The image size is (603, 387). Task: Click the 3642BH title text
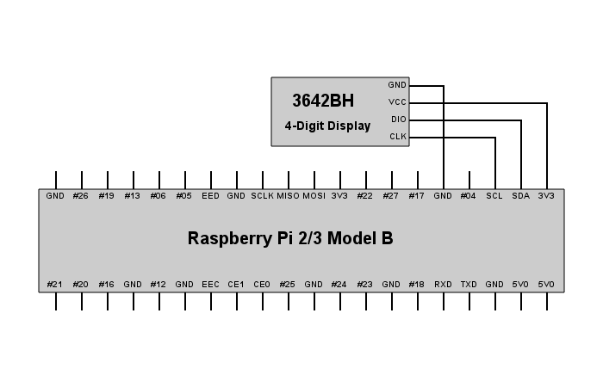coord(323,101)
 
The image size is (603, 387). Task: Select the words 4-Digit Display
coord(327,126)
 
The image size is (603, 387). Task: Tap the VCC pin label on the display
coord(397,102)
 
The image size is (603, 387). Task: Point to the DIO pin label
coord(398,120)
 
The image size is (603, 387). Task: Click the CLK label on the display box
coord(398,136)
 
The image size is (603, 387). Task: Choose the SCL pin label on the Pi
coord(494,196)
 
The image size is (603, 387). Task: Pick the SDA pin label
coord(520,196)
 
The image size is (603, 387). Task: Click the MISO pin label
coord(288,196)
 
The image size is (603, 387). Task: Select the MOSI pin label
coord(314,196)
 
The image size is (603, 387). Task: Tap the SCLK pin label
coord(262,196)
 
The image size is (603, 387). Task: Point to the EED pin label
coord(210,196)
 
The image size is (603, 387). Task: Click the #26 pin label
coord(81,196)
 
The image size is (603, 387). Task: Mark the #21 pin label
coord(54,285)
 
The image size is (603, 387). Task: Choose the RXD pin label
coord(443,285)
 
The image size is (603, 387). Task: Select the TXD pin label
coord(469,285)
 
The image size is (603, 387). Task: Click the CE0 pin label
coord(262,285)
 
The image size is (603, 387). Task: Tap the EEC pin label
coord(210,285)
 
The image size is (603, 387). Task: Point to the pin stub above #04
coord(469,180)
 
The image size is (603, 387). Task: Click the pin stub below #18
coord(418,301)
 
